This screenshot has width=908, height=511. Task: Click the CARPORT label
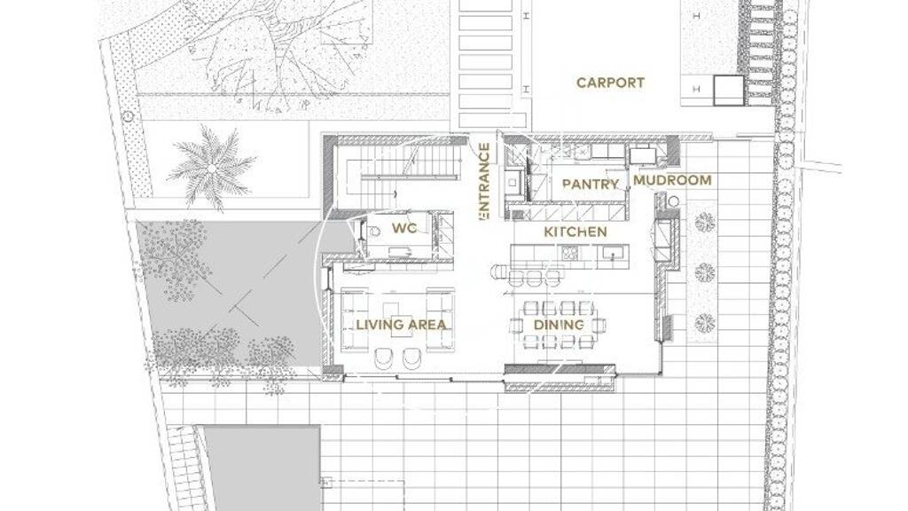(610, 83)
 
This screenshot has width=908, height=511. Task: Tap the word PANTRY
(590, 185)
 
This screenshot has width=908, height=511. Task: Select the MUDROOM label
(672, 180)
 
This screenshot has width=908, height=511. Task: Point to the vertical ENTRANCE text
(484, 181)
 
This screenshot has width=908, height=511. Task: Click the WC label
(404, 228)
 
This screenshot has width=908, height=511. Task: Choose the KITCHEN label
(575, 232)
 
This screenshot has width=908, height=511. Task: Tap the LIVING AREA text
(402, 325)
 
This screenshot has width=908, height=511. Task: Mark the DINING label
(559, 325)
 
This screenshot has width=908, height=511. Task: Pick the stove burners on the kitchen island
(569, 253)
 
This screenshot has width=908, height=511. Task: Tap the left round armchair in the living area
(384, 358)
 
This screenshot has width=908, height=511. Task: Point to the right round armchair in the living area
(411, 358)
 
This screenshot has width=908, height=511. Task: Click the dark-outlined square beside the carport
(728, 90)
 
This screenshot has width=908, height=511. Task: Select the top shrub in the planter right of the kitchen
(705, 222)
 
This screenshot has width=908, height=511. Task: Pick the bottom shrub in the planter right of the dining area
(705, 321)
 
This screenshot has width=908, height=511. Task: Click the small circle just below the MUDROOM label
(672, 202)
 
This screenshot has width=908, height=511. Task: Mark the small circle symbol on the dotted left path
(128, 116)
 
